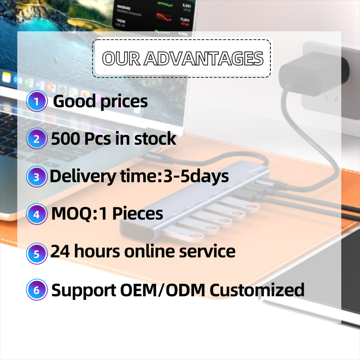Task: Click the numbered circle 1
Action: pyautogui.click(x=37, y=101)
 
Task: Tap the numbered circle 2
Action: pyautogui.click(x=37, y=138)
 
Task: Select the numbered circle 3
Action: pyautogui.click(x=37, y=177)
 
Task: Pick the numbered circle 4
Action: pyautogui.click(x=37, y=214)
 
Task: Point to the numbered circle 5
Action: pyautogui.click(x=37, y=253)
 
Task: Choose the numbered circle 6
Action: pyautogui.click(x=37, y=289)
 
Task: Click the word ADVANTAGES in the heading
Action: pyautogui.click(x=204, y=58)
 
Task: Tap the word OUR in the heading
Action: pyautogui.click(x=121, y=58)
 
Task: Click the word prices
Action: pyautogui.click(x=124, y=102)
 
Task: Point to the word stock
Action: pyautogui.click(x=155, y=138)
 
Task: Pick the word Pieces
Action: pyautogui.click(x=138, y=213)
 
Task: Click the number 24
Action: pyautogui.click(x=60, y=251)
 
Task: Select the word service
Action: pyautogui.click(x=207, y=251)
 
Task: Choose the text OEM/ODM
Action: pyautogui.click(x=162, y=290)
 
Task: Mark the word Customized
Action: pyautogui.click(x=257, y=290)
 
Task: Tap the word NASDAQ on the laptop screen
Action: pyautogui.click(x=124, y=7)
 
